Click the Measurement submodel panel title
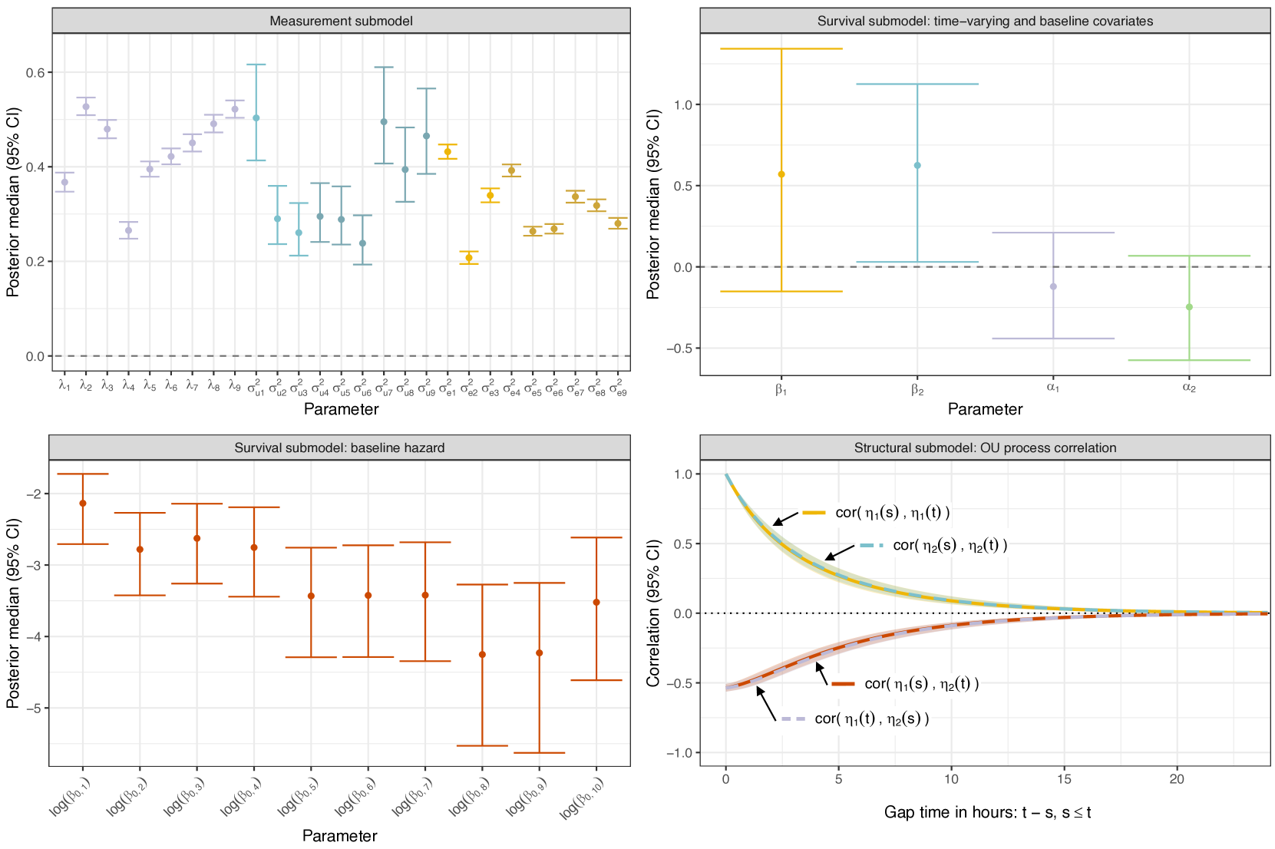[341, 21]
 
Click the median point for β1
[781, 174]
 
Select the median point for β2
[917, 166]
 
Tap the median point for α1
[1053, 286]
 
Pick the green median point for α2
[1189, 307]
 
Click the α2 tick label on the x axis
[1189, 388]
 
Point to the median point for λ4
[129, 230]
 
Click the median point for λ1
[64, 182]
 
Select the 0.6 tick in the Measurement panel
[35, 72]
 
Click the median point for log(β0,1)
[83, 504]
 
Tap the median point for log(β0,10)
[596, 603]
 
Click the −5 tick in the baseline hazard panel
[35, 708]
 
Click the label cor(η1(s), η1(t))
[892, 513]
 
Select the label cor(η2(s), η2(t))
[950, 545]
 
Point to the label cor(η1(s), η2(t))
[921, 684]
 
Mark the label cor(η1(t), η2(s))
[871, 719]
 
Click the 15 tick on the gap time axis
[1064, 779]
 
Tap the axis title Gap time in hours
[987, 812]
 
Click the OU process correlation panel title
[985, 448]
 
